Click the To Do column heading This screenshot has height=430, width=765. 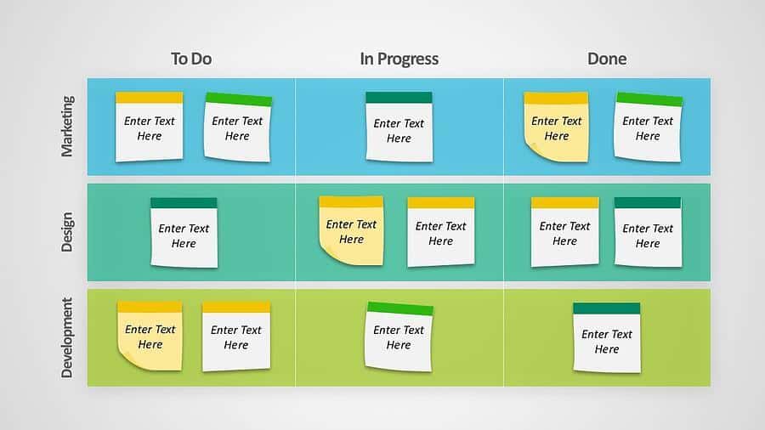point(191,59)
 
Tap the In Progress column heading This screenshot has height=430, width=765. point(399,59)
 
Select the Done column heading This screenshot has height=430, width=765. point(607,59)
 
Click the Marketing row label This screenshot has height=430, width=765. point(67,127)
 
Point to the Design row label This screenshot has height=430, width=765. point(67,232)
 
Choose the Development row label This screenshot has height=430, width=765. point(67,338)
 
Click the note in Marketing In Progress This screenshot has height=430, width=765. point(399,127)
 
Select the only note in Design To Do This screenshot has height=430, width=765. point(184,233)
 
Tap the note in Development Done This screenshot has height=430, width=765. point(607,338)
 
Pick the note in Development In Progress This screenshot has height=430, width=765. point(399,337)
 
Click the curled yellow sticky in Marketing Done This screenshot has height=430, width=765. point(556,127)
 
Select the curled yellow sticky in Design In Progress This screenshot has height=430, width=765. point(351,230)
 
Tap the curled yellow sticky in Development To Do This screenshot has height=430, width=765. point(150,336)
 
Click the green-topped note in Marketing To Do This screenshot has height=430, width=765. point(238,127)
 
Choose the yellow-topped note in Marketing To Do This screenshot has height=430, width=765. point(150,127)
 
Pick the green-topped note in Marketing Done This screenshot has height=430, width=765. point(649,127)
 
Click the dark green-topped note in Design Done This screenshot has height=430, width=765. point(648,232)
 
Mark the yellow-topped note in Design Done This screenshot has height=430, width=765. point(565,232)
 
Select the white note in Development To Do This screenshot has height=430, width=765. point(236,337)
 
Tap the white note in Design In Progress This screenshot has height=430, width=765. point(441,232)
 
